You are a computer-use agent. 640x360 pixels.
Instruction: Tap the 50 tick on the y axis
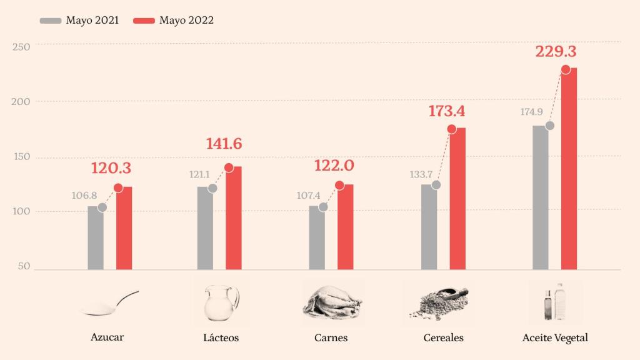(x=24, y=267)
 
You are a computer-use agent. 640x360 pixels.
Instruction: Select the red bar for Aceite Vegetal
(x=569, y=169)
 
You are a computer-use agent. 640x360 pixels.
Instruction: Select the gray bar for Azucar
(x=95, y=238)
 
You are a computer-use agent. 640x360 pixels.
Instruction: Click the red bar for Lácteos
(x=233, y=218)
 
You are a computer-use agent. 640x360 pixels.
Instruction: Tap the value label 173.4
(x=447, y=112)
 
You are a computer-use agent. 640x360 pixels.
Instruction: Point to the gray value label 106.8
(x=84, y=196)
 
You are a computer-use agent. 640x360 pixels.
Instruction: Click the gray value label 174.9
(x=531, y=113)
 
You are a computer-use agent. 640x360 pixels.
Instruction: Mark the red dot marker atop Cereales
(x=451, y=129)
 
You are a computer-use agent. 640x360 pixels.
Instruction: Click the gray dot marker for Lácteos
(x=212, y=188)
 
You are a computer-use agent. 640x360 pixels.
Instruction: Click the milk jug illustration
(x=221, y=302)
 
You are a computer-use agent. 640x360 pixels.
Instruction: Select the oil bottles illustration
(x=554, y=301)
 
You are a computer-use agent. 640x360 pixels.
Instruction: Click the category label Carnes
(x=331, y=338)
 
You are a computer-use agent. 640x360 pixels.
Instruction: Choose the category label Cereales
(x=443, y=338)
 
